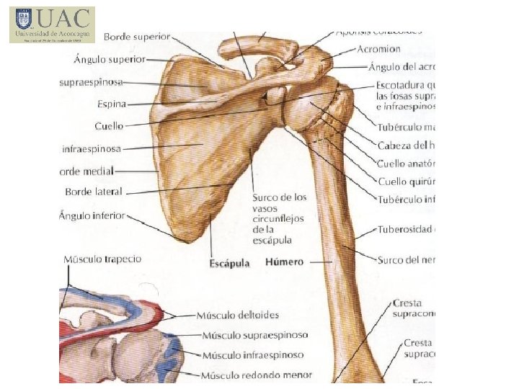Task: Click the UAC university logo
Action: coord(52,24)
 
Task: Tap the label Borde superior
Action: coord(137,36)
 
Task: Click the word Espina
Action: coord(112,104)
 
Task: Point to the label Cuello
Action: coord(109,126)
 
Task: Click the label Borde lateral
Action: coord(94,192)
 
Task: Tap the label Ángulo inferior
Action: coord(93,215)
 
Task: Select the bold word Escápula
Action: coord(229,263)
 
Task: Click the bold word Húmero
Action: coord(284,261)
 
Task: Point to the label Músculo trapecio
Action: coord(102,259)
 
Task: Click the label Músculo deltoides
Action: coord(240,316)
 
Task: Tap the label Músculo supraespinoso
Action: coord(254,335)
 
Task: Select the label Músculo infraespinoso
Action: coord(252,355)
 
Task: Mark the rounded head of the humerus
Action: coord(306,108)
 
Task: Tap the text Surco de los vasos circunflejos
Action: coord(279,197)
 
